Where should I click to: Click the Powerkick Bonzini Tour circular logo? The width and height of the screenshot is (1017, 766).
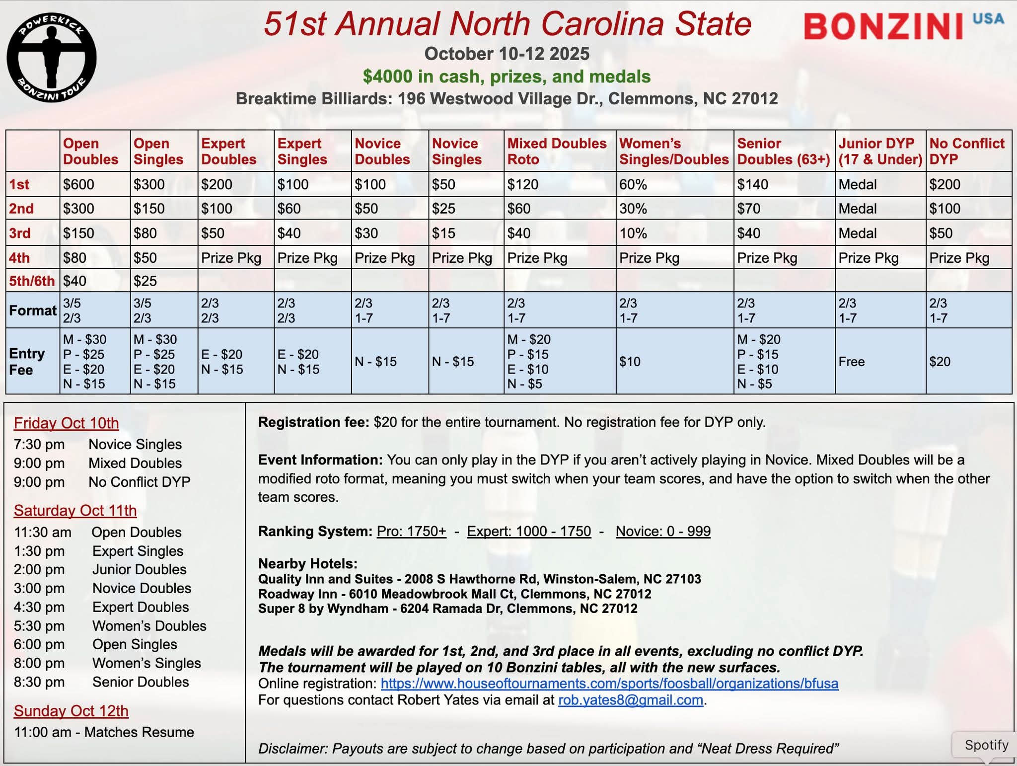(x=52, y=58)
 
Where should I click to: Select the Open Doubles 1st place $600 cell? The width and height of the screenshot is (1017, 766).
(x=79, y=184)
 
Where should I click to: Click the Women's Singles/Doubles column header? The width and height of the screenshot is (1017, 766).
(x=673, y=151)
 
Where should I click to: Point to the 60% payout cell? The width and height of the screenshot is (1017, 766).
(x=633, y=184)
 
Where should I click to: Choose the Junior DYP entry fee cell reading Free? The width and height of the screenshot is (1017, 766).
(x=852, y=362)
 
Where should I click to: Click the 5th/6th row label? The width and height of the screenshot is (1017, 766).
(x=32, y=281)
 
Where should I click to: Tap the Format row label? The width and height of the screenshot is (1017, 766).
(x=33, y=310)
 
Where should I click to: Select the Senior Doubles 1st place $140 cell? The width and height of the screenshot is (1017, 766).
(x=752, y=184)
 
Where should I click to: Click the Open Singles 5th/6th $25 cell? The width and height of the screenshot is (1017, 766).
(x=145, y=281)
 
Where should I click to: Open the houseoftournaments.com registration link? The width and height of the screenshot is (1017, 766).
(x=609, y=684)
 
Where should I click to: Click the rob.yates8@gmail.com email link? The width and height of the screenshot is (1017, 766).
(x=630, y=700)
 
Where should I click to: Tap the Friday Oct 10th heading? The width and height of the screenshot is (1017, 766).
(x=67, y=423)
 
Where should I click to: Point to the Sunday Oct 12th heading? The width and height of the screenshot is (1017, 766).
(x=71, y=711)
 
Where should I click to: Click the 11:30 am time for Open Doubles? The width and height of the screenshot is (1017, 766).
(x=43, y=532)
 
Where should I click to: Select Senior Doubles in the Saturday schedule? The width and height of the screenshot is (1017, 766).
(x=141, y=682)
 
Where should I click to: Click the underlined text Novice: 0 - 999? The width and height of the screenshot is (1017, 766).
(x=663, y=531)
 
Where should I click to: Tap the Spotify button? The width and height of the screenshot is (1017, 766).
(x=986, y=745)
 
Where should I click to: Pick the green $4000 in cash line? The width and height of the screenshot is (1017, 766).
(x=507, y=77)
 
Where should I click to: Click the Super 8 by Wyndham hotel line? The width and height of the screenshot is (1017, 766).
(x=447, y=609)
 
